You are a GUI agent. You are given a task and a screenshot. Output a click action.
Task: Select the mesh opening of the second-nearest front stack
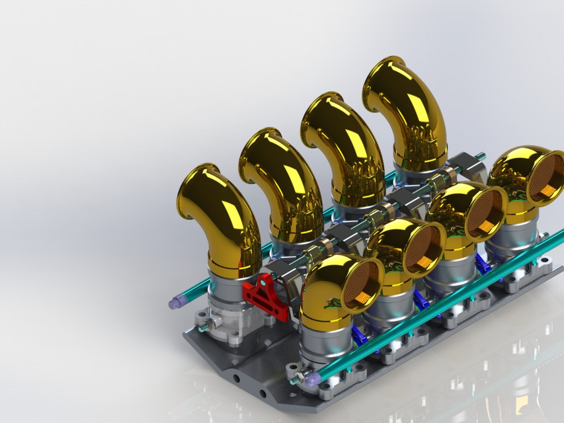coord(423,249)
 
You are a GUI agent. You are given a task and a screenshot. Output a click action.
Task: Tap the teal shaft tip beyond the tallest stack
coord(481,156)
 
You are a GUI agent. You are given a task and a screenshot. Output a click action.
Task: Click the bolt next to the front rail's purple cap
coord(294,381)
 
